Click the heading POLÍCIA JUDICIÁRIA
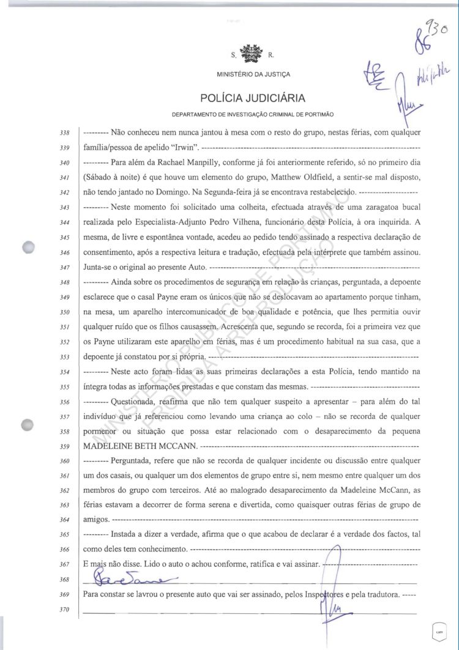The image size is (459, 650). pos(252,98)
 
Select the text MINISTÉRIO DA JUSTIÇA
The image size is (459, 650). pos(253,75)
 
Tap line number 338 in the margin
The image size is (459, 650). pos(65,133)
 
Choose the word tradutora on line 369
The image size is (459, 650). pos(383,594)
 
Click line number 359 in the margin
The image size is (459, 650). pos(65,447)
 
